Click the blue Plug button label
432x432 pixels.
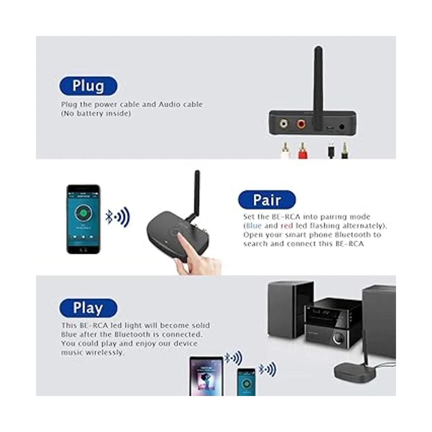(x=88, y=86)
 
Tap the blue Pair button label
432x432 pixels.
(x=267, y=200)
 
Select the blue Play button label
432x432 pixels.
(x=88, y=308)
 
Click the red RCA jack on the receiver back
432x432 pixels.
(x=302, y=124)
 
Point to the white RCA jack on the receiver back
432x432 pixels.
(x=284, y=124)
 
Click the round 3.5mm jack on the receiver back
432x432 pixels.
(x=342, y=127)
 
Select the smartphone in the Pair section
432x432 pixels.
(x=84, y=219)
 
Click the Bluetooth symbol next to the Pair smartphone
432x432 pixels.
(x=109, y=217)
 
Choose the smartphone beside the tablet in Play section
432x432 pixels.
(x=246, y=382)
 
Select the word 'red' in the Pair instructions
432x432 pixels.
(x=287, y=226)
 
